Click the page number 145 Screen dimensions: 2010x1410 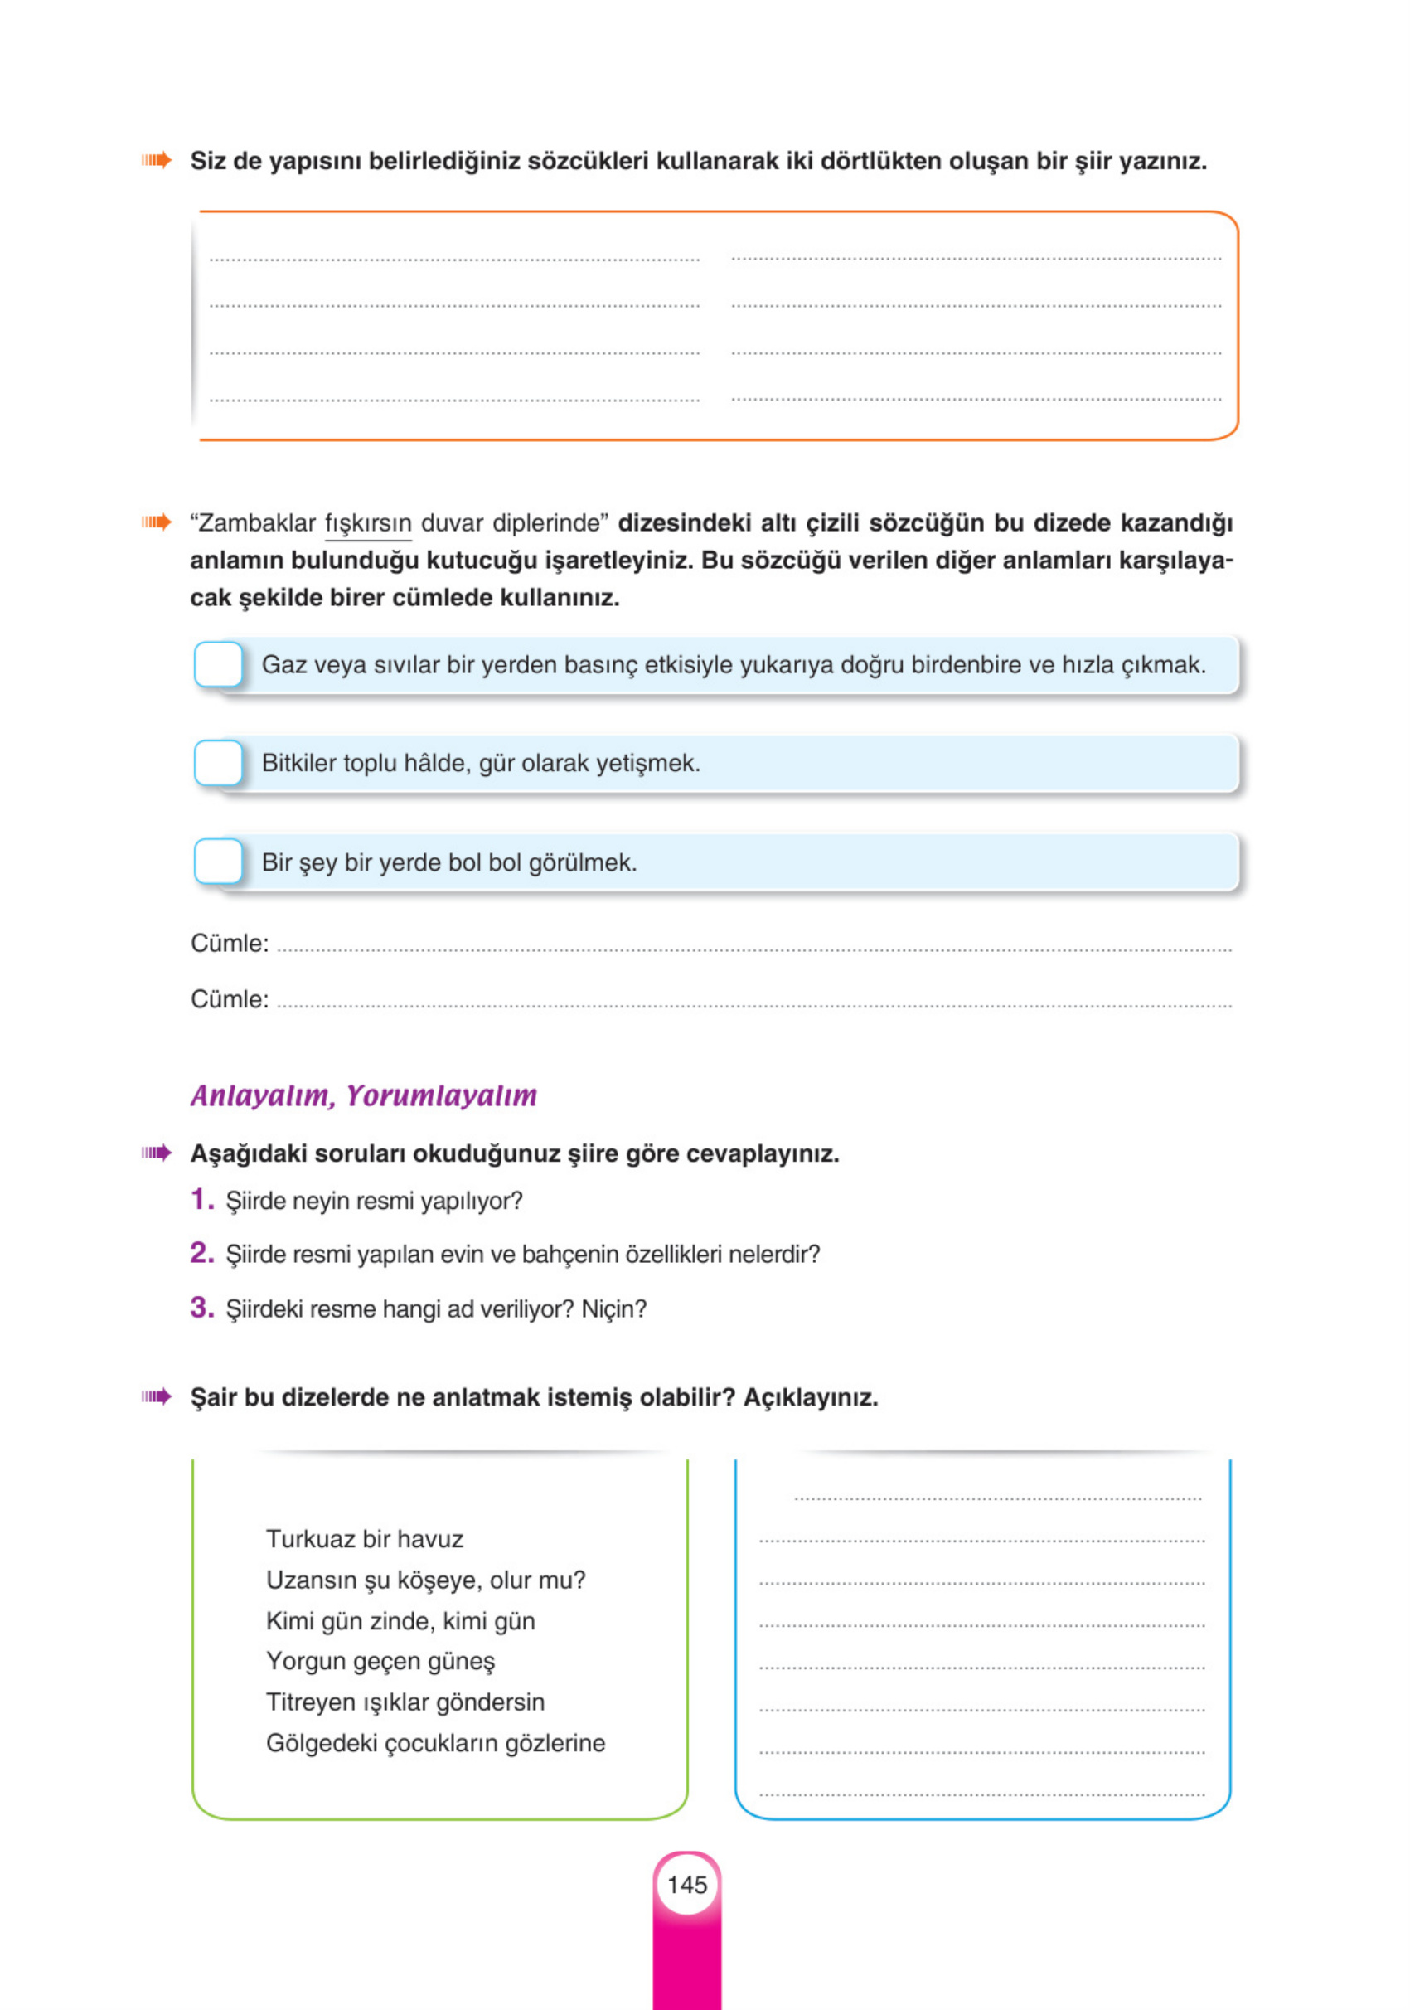[x=687, y=1884]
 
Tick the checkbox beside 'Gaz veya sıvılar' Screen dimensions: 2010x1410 [x=218, y=664]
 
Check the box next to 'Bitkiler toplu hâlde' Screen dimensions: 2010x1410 [x=218, y=763]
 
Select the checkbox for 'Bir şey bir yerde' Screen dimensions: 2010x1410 [x=218, y=862]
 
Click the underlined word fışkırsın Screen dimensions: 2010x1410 [x=367, y=523]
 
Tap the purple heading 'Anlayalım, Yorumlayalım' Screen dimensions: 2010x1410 [x=363, y=1095]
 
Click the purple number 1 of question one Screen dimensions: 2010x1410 [x=201, y=1199]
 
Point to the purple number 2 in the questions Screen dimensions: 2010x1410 [x=201, y=1253]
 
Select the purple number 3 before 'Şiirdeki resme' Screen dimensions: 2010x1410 [x=201, y=1307]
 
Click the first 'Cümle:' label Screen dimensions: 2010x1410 [x=230, y=944]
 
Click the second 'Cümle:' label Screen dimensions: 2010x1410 [x=230, y=1000]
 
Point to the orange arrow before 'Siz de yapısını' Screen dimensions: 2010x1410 [x=157, y=160]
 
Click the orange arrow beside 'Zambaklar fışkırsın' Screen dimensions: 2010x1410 [x=157, y=522]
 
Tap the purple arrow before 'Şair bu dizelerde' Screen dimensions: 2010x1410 [x=157, y=1396]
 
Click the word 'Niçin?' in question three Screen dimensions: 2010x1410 [x=613, y=1309]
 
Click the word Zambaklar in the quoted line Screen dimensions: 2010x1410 [x=256, y=523]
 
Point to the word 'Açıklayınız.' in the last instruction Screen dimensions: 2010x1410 [x=811, y=1397]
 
